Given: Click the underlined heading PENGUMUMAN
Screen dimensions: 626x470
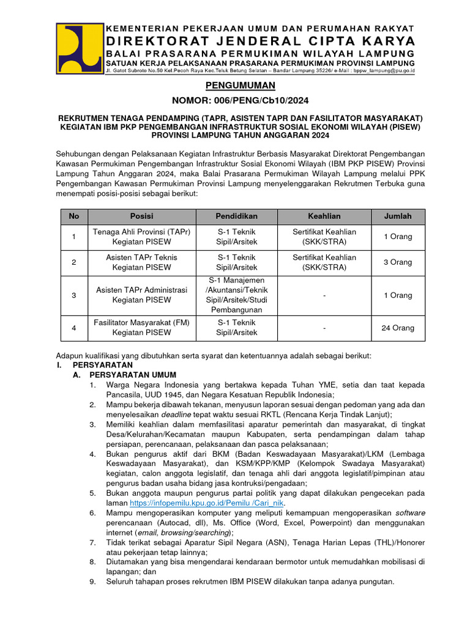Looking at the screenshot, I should [x=235, y=86].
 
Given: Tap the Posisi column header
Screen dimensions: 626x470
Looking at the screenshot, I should [x=141, y=216].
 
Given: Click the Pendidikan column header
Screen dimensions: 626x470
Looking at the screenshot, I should [x=236, y=216].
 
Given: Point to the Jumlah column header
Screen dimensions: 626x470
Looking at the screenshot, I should [x=397, y=216].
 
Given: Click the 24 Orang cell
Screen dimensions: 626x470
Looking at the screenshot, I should [x=397, y=328].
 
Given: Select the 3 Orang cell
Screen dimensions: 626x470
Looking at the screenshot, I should [x=397, y=262].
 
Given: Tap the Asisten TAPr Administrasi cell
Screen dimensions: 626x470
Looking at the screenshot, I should [x=141, y=295].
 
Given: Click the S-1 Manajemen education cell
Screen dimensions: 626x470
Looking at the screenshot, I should [x=236, y=295].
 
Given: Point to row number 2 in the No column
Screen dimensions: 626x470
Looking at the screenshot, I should [x=73, y=262].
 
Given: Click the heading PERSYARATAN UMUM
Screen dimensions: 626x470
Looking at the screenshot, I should [x=133, y=375].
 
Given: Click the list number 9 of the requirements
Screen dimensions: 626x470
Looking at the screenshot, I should [x=92, y=581].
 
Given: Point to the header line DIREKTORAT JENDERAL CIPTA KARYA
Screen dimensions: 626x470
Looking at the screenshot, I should [x=261, y=41].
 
